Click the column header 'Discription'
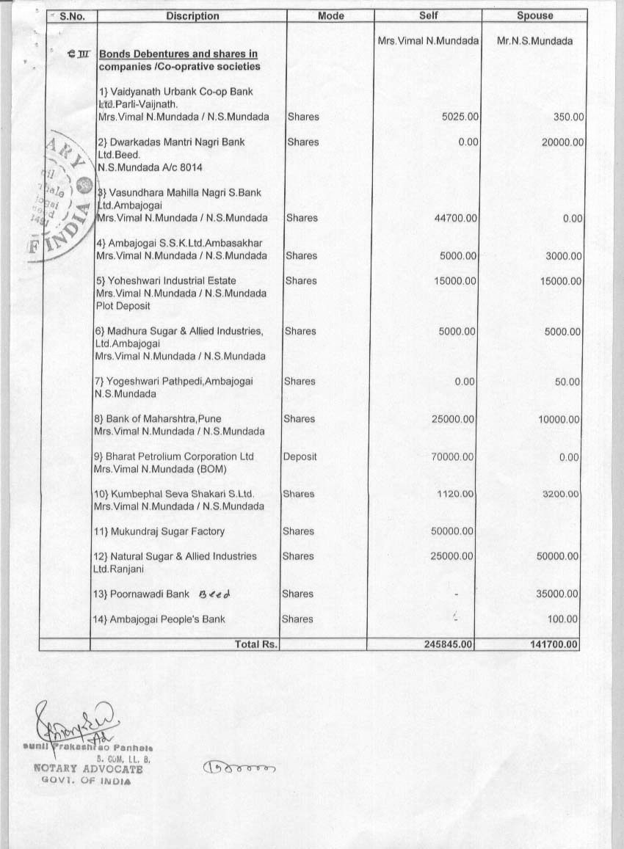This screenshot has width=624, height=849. (192, 16)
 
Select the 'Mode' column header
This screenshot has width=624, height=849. (330, 16)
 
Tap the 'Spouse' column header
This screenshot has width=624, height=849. (534, 16)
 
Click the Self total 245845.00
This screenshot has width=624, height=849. (449, 644)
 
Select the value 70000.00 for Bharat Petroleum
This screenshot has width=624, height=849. (452, 456)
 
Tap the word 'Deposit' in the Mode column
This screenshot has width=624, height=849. (300, 456)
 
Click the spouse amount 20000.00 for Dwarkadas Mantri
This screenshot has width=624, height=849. (562, 142)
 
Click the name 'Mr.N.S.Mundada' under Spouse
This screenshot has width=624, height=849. (534, 41)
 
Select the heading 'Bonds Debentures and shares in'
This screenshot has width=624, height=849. (178, 54)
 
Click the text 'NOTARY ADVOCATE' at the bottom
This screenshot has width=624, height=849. (88, 769)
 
